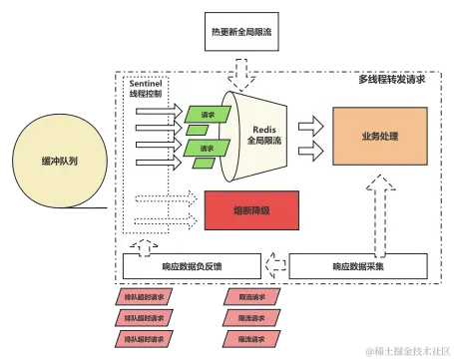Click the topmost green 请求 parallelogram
[x=207, y=116]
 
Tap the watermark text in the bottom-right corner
[x=409, y=350]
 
